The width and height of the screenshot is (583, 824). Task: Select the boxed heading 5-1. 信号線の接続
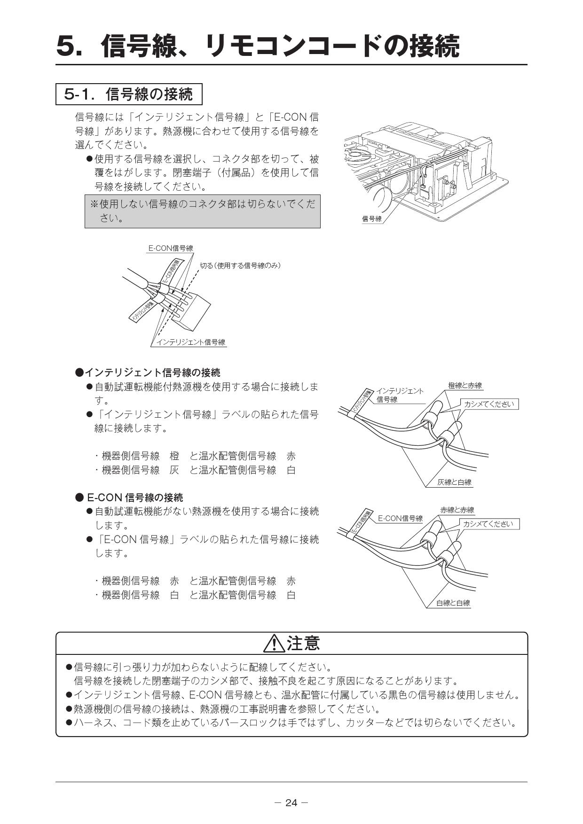[x=129, y=94]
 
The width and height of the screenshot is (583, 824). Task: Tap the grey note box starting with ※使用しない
[x=202, y=211]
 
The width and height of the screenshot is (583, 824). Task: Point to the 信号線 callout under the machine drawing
[x=372, y=219]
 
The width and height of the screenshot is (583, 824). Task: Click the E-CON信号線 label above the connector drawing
[x=171, y=248]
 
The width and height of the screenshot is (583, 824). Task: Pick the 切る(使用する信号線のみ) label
[x=240, y=265]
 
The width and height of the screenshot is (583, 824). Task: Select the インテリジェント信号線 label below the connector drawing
[x=190, y=342]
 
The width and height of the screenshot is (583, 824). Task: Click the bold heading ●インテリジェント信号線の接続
[x=148, y=373]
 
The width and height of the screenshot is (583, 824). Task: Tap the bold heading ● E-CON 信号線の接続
[x=129, y=497]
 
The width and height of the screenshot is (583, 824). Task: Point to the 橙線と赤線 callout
[x=465, y=386]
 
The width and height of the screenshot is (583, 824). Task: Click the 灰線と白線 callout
[x=454, y=482]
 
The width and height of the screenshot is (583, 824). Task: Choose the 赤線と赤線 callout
[x=457, y=510]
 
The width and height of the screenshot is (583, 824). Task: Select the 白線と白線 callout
[x=453, y=603]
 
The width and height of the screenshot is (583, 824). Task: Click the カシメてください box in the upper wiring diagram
[x=489, y=404]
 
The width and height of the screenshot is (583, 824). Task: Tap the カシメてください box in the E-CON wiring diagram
[x=488, y=524]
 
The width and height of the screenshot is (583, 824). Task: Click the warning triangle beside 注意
[x=274, y=644]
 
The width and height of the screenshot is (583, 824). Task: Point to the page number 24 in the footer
[x=291, y=802]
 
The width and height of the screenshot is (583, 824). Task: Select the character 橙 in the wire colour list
[x=174, y=456]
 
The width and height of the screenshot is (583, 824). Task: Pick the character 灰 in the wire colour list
[x=174, y=470]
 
